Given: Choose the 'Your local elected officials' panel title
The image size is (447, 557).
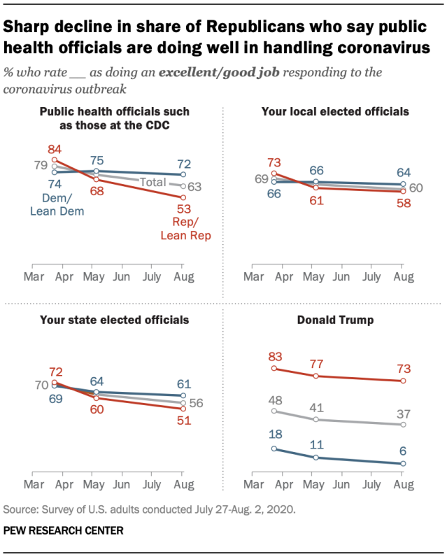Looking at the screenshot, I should tap(334, 111).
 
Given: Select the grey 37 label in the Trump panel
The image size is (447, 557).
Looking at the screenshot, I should tap(403, 412).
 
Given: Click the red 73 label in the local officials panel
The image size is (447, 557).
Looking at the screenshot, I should tap(274, 161).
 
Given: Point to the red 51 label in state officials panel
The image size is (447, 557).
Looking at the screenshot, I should tap(183, 421).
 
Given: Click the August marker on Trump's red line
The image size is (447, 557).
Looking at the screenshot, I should tap(403, 381).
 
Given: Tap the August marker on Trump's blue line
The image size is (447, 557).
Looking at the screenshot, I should tap(403, 463).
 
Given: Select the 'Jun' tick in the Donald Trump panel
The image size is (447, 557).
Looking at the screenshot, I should tap(341, 484).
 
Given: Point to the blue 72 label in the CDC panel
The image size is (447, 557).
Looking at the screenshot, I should tap(183, 163).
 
